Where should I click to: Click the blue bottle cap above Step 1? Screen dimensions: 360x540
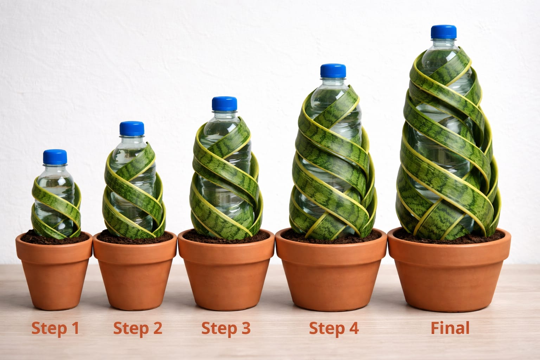pos(55,157)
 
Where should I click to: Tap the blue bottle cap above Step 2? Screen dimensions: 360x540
pos(132,128)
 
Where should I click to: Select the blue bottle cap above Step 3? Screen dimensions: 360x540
pos(224,103)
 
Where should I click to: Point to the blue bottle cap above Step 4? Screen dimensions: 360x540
pos(333,70)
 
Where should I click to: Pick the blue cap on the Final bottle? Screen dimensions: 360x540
pos(444,31)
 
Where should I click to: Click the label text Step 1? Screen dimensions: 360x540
pos(55,328)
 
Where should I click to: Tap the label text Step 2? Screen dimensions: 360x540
pos(137,328)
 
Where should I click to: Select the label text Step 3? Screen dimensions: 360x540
pos(226,328)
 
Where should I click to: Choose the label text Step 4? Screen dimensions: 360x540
pos(334,328)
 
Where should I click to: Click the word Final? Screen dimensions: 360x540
pos(450,328)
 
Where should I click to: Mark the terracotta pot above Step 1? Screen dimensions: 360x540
pos(54,271)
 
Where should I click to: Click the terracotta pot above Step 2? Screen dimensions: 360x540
pos(135,271)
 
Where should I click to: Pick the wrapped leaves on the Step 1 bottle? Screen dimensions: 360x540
pos(56,211)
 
